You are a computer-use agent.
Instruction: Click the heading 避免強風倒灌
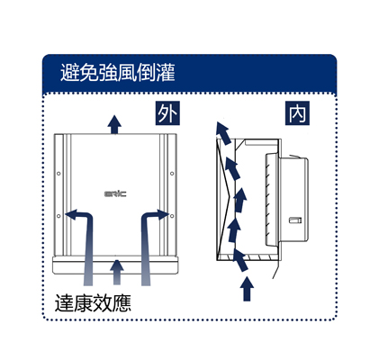118,73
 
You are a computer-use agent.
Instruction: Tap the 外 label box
167,113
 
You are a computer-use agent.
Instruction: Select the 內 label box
297,113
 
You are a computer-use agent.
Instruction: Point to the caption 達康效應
93,302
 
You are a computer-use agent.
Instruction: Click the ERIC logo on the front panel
115,193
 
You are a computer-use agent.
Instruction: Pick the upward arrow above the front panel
114,124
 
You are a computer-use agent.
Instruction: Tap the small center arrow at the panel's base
117,273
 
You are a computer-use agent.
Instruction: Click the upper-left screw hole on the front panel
59,174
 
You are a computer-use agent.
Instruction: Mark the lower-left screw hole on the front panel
59,216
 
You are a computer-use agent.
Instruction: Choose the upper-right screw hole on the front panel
172,174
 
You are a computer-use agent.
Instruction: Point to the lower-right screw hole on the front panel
172,216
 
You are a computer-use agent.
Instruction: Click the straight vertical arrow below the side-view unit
247,289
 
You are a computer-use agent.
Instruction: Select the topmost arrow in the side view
223,133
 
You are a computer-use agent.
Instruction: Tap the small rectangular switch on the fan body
295,220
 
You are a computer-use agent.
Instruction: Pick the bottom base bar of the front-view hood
115,265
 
